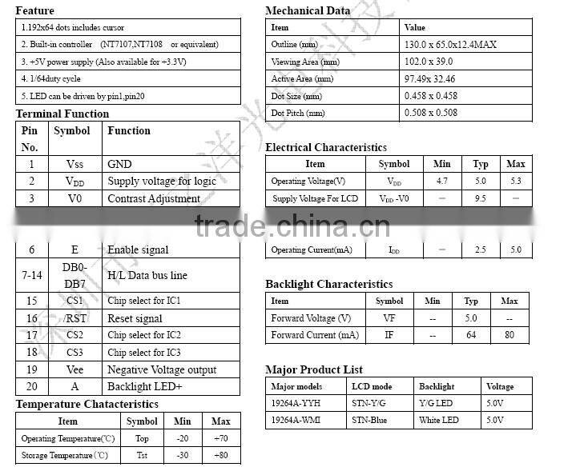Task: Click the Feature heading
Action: coord(35,10)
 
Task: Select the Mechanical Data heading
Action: coord(308,10)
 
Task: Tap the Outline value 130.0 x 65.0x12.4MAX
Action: coord(450,45)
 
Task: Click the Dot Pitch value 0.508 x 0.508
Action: coord(431,113)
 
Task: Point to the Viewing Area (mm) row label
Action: coord(305,62)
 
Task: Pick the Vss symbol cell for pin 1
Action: coord(75,164)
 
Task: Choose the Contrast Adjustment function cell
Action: coord(154,198)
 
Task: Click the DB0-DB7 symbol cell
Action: coord(75,275)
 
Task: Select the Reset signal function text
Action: coord(135,318)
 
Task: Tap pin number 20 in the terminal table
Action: coord(32,386)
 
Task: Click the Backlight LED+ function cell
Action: coord(145,386)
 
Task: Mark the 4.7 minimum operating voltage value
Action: coord(442,181)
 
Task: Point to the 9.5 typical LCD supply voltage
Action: coord(481,198)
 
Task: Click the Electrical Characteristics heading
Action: coord(326,147)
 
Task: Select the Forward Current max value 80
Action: coord(509,335)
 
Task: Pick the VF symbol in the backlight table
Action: coord(389,318)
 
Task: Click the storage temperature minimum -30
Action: coord(183,455)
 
